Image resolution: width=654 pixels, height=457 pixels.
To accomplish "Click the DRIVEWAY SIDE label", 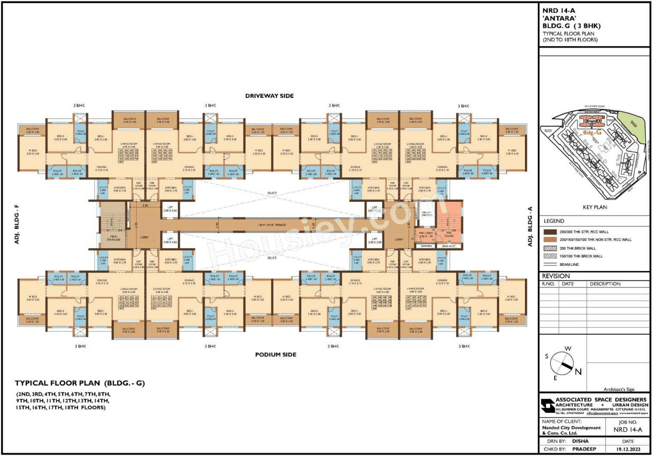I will (x=269, y=96).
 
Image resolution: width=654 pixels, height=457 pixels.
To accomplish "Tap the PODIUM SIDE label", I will (x=275, y=354).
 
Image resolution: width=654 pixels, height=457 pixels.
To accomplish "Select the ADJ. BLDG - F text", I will (x=17, y=224).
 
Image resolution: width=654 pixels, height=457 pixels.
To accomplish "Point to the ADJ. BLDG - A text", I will (x=530, y=226).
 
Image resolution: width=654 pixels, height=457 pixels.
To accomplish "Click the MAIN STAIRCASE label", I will (x=113, y=238).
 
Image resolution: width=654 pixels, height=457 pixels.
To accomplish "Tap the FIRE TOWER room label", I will (x=449, y=234).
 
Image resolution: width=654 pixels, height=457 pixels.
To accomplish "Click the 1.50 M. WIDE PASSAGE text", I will (x=272, y=225).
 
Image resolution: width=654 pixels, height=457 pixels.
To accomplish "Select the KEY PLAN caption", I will (x=595, y=207).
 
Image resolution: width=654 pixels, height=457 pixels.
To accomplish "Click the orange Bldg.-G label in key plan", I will (x=592, y=133).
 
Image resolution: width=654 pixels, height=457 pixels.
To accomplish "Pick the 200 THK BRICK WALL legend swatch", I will (x=550, y=248).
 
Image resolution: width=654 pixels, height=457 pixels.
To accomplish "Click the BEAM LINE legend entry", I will (x=569, y=264).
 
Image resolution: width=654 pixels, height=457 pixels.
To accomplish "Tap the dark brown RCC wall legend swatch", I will (x=550, y=232).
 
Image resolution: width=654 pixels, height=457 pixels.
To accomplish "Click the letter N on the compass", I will (x=578, y=371).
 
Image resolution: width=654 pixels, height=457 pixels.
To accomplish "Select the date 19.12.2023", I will (x=628, y=449).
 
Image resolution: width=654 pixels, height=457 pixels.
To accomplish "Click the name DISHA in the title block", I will (x=580, y=441).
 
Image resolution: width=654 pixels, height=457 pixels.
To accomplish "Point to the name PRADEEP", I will (x=584, y=449).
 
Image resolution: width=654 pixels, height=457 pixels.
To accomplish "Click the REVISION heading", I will (x=556, y=276).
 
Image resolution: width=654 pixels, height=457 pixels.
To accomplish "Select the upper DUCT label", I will (x=272, y=193).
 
